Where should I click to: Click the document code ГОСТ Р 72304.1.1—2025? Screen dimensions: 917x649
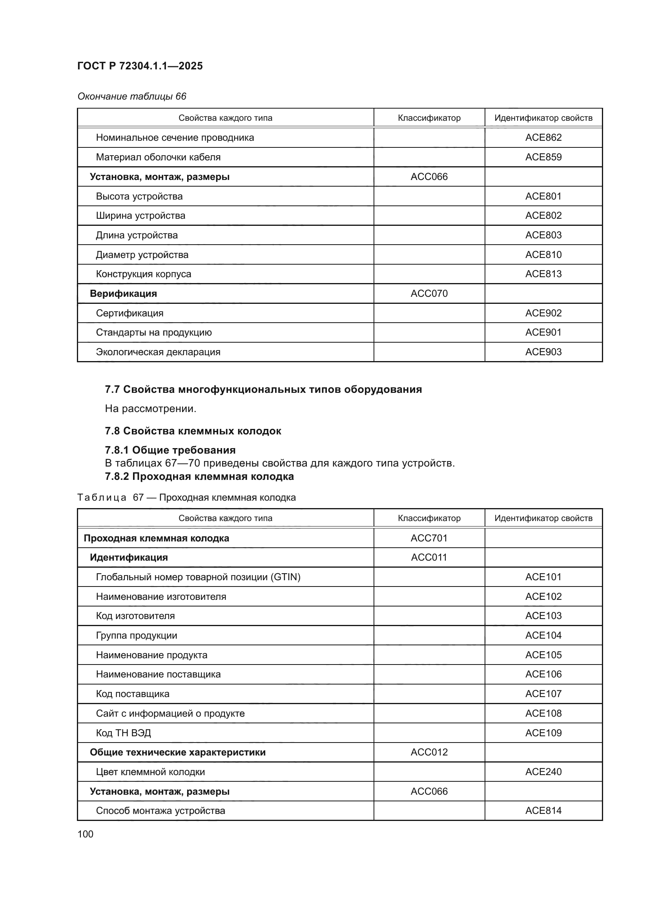[x=140, y=66]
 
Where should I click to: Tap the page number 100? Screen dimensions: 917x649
[x=85, y=834]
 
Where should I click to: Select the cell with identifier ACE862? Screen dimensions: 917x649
[x=543, y=137]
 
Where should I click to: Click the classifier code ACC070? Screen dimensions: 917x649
[x=429, y=294]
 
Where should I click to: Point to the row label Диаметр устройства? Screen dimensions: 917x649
[x=142, y=255]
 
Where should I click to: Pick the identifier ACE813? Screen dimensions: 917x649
[x=543, y=274]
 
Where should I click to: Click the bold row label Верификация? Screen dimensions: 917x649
[x=123, y=294]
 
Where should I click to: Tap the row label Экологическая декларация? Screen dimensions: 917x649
[x=158, y=352]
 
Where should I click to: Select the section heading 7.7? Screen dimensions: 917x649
[x=263, y=389]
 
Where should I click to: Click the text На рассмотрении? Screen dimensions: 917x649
[x=150, y=409]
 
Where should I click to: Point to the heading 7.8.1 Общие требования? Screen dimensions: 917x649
[x=170, y=450]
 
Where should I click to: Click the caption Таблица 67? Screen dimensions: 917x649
[x=186, y=498]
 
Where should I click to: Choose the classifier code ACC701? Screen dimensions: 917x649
[x=429, y=538]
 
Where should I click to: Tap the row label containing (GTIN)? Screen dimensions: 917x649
[x=198, y=577]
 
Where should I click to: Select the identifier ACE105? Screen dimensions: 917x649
[x=543, y=655]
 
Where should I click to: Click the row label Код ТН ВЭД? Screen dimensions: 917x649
[x=123, y=733]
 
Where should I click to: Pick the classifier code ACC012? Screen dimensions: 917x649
[x=429, y=752]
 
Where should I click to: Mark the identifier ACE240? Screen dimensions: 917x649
[x=543, y=772]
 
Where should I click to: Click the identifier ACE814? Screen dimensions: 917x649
[x=543, y=811]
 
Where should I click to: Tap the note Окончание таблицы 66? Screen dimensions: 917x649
[x=131, y=96]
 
